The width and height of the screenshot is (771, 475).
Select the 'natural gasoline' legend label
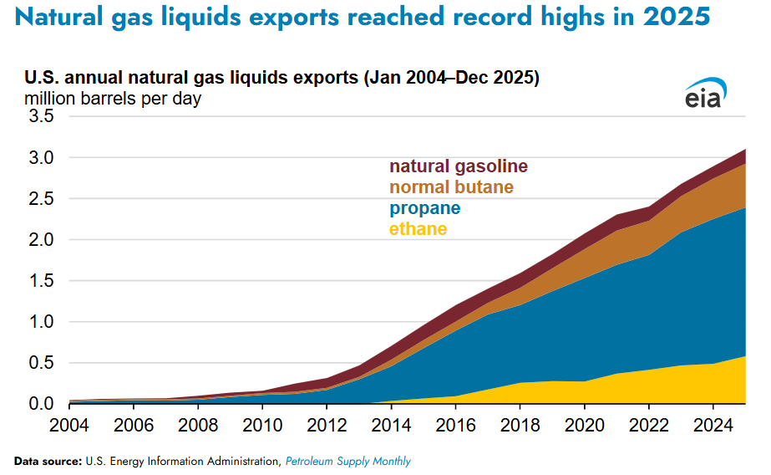click(x=459, y=166)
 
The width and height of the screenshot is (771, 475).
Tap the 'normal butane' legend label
click(x=451, y=186)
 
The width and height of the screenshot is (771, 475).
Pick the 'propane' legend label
click(x=424, y=207)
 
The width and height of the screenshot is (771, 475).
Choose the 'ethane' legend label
click(x=418, y=228)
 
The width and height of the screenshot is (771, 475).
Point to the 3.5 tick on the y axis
click(x=42, y=117)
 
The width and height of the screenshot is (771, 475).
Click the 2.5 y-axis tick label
click(x=42, y=199)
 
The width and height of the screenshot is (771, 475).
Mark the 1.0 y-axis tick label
click(x=42, y=322)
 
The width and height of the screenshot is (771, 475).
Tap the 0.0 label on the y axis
click(x=42, y=404)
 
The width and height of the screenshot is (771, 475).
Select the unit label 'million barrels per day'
click(x=113, y=99)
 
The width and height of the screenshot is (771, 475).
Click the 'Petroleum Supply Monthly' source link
click(x=348, y=462)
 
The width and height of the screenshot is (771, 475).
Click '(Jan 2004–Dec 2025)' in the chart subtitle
click(x=452, y=79)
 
